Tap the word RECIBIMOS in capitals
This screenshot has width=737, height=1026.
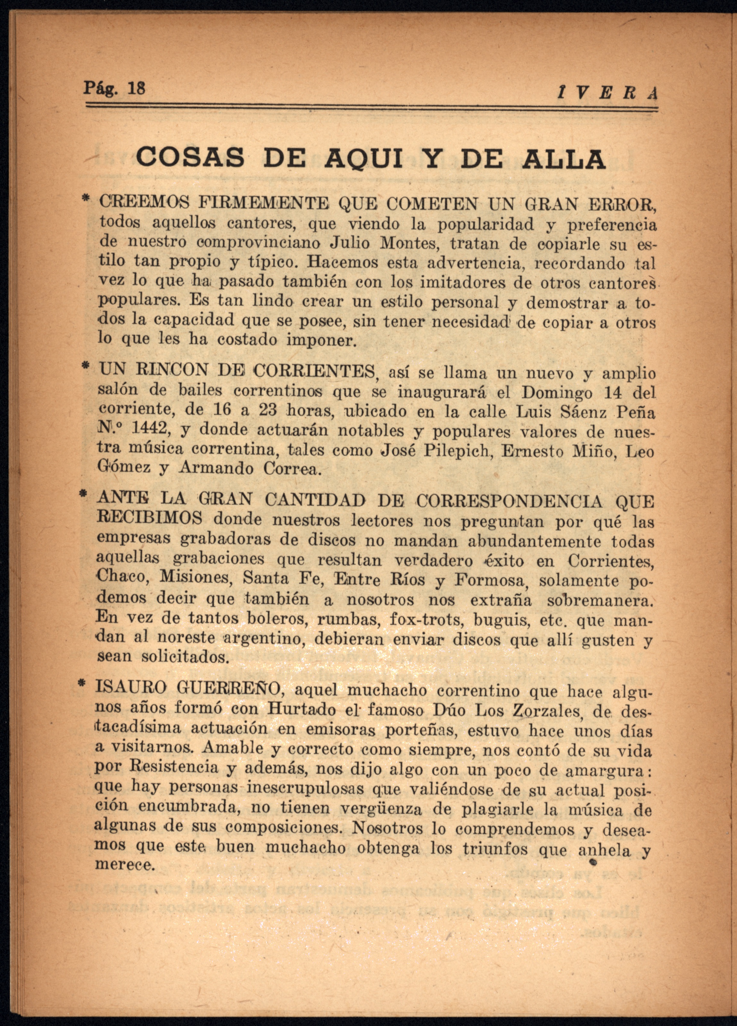click(x=150, y=518)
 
